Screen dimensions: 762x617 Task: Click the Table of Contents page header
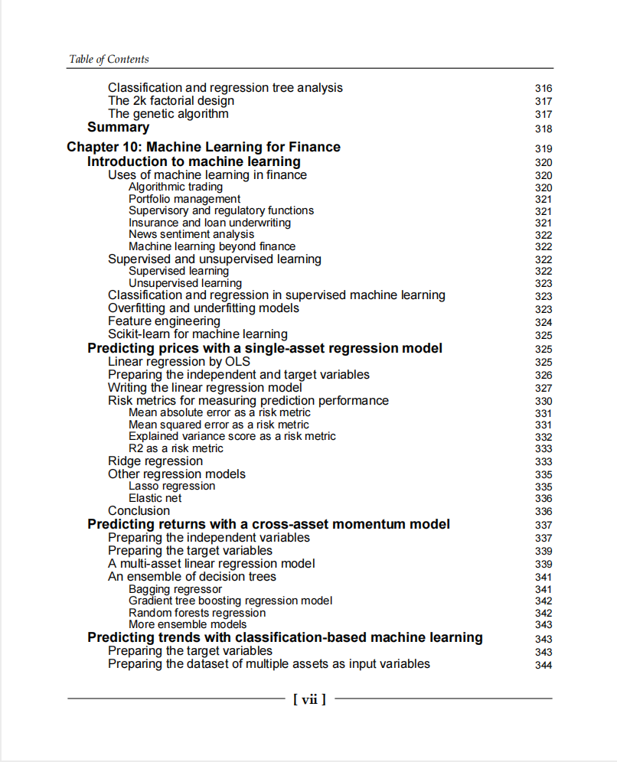pos(109,59)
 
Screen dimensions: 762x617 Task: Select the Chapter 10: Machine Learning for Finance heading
pos(204,147)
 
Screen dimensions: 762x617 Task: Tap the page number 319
pos(544,148)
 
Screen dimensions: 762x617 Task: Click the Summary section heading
pos(118,128)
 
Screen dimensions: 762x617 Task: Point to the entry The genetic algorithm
pos(168,114)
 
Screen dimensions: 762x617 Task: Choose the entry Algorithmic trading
pos(175,187)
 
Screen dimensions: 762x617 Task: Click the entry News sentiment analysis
pos(191,234)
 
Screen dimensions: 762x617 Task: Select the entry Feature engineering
pos(164,321)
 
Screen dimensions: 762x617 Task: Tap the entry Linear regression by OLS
pos(178,362)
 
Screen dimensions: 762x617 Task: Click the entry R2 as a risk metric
pos(175,448)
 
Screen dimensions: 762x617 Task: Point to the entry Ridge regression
pos(155,461)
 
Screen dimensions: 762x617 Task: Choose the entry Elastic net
pos(155,498)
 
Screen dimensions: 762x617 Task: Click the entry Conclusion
pos(139,511)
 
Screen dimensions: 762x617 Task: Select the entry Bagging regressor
pos(175,589)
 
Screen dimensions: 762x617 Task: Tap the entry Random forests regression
pos(197,613)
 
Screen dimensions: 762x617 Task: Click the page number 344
pos(544,665)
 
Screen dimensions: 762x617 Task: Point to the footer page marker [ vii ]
pos(309,698)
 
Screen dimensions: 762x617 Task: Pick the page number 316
pos(544,89)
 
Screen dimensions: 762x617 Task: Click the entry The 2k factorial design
pos(171,101)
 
